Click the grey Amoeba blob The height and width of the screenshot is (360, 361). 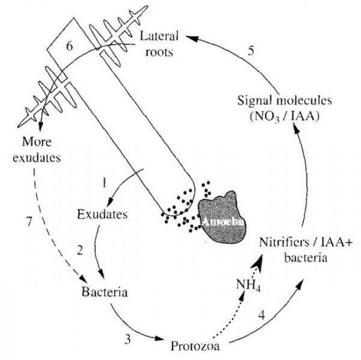(222, 217)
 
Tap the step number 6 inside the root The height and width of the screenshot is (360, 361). (70, 46)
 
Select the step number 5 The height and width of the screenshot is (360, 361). (251, 50)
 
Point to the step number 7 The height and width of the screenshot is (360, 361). (29, 222)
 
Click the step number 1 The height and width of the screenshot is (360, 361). (105, 183)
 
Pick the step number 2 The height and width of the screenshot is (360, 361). (80, 250)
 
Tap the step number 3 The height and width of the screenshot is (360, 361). (128, 339)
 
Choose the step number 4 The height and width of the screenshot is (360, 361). (261, 315)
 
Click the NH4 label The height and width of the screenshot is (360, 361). (249, 286)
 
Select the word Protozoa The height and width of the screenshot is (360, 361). (195, 346)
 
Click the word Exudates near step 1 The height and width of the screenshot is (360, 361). (102, 214)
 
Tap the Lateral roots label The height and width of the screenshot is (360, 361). (159, 44)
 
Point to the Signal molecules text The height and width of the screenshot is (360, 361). (285, 101)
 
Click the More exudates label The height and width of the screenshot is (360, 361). (37, 150)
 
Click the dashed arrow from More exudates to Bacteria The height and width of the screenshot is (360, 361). (50, 232)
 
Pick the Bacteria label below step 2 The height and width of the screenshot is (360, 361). (105, 292)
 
